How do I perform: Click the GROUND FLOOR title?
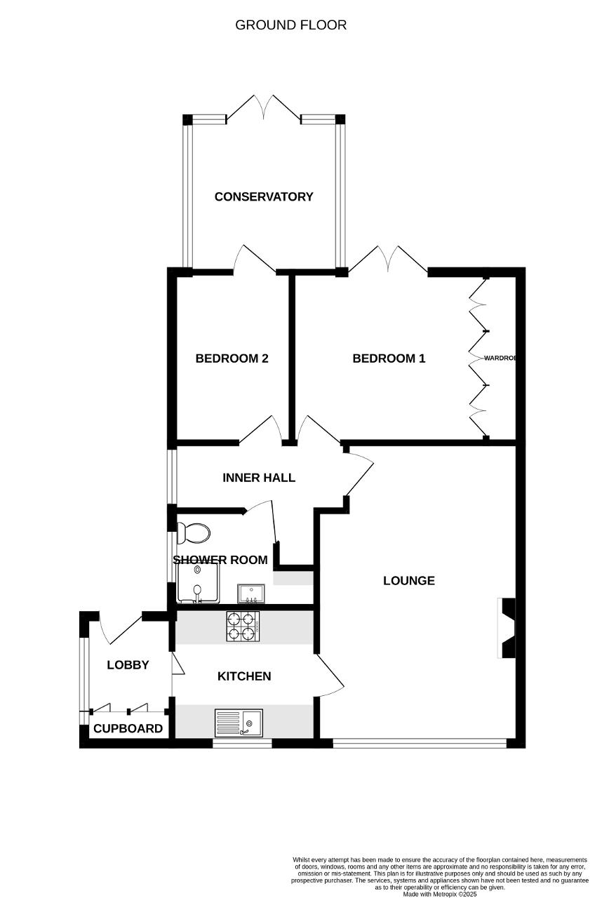coord(290,25)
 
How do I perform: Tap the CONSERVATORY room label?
coord(264,197)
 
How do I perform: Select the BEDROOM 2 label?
coord(232,358)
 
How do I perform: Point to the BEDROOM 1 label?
coord(389,358)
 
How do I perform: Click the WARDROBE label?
coord(500,358)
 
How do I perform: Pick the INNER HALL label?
coord(259,478)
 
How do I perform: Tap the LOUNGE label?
coord(409,580)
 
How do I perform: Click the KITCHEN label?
coord(244,676)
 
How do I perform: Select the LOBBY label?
coord(128,665)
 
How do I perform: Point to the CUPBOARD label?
coord(128,728)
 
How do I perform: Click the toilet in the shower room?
coord(194,533)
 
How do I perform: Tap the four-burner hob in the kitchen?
coord(243,626)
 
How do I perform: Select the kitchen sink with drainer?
coord(239,723)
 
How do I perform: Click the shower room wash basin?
coord(251,594)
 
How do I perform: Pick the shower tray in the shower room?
coord(198,583)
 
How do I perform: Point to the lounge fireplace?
coord(506,628)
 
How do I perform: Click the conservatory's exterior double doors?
coord(264,108)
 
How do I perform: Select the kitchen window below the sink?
coord(242,744)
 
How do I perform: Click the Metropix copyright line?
coord(440,894)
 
